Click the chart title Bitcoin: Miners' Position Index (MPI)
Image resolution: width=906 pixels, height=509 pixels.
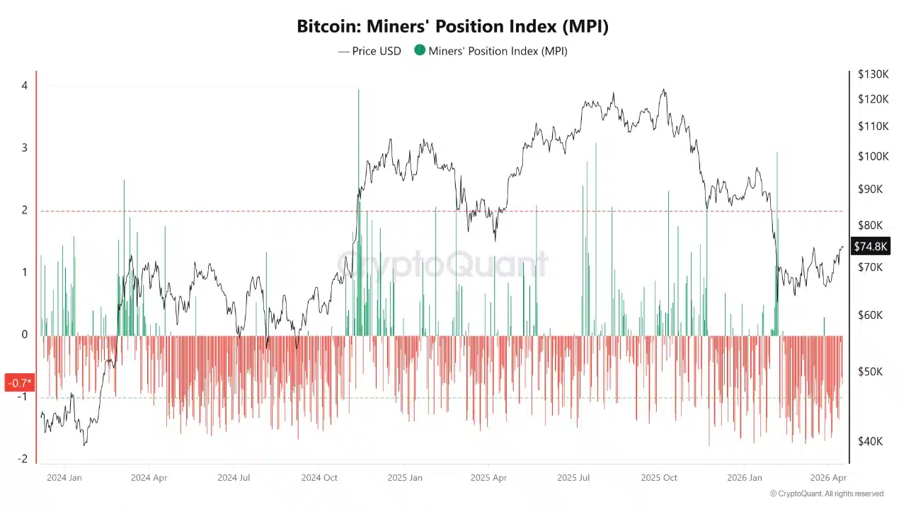[452, 27]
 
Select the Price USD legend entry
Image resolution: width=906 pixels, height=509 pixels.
[369, 51]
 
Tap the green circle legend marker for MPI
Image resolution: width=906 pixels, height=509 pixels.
[420, 50]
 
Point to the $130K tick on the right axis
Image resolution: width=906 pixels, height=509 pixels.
[873, 74]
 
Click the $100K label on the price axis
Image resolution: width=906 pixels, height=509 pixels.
[873, 156]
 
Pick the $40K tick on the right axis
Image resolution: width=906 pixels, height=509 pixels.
[870, 441]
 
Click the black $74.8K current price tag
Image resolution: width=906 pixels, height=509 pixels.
[871, 246]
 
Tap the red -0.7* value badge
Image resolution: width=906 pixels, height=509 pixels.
[19, 383]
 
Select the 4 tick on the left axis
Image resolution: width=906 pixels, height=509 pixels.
[24, 86]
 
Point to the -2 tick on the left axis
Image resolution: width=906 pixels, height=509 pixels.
[23, 459]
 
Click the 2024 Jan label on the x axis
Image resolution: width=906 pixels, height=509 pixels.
[64, 478]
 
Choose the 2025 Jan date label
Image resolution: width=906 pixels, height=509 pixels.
[405, 478]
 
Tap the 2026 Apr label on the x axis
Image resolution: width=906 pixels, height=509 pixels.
[829, 478]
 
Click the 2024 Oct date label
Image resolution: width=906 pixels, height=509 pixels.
[320, 478]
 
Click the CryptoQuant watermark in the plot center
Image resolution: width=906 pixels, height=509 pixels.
[442, 264]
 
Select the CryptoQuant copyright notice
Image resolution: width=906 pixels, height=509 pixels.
[826, 493]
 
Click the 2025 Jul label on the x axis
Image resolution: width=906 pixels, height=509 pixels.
[574, 478]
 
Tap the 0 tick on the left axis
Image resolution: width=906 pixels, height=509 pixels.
[24, 334]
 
